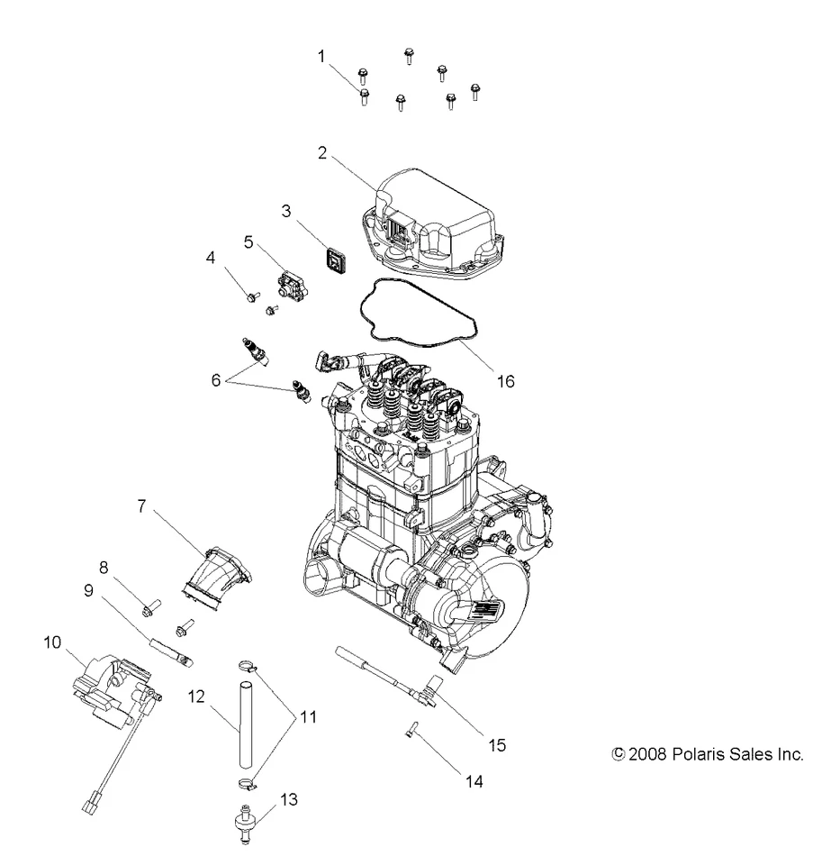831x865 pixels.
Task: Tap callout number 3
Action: [285, 213]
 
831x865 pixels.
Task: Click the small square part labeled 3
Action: [338, 262]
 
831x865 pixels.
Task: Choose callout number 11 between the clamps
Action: [308, 717]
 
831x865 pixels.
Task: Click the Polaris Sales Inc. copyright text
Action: [706, 754]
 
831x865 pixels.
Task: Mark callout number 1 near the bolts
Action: [321, 56]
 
